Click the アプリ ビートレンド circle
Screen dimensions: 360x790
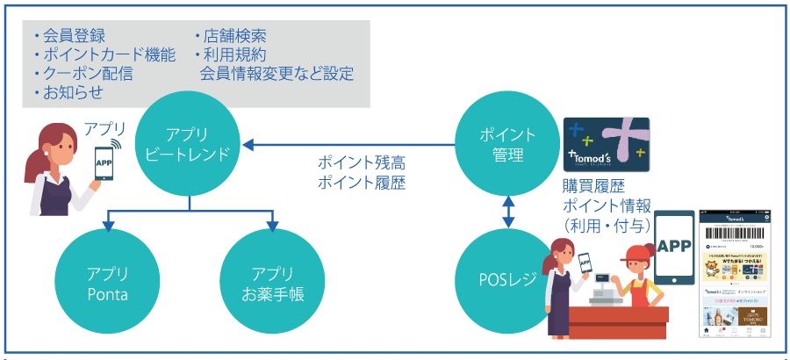click(190, 145)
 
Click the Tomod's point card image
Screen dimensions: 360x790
click(607, 145)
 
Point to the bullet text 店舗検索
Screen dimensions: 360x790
click(234, 36)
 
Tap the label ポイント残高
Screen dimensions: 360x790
click(362, 163)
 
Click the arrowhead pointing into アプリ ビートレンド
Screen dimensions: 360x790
click(248, 145)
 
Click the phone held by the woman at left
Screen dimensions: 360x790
click(104, 163)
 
